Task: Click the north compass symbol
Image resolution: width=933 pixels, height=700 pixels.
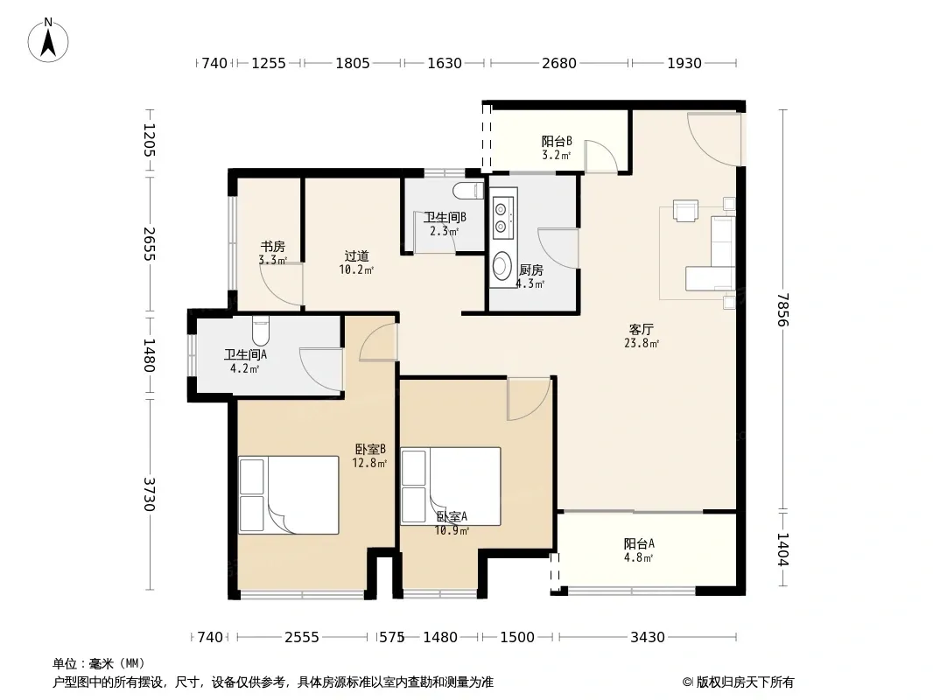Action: (48, 40)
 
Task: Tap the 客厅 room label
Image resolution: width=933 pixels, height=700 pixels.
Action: (642, 329)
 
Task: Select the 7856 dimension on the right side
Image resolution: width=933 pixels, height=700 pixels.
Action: (782, 309)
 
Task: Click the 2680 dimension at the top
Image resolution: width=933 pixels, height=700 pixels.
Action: (558, 63)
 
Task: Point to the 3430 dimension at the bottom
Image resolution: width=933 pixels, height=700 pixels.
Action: (648, 637)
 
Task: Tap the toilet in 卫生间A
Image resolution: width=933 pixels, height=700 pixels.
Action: (261, 331)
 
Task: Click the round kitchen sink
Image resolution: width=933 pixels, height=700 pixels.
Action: (502, 266)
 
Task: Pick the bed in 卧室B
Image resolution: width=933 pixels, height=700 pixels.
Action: (289, 495)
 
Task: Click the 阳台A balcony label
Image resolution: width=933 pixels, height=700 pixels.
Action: (639, 543)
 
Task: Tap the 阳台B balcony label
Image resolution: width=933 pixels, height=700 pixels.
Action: (557, 142)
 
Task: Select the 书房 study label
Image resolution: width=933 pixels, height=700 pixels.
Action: (272, 246)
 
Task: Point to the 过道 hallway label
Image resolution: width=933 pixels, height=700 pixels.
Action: (356, 256)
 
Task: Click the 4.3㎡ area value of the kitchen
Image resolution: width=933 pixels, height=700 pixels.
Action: (530, 283)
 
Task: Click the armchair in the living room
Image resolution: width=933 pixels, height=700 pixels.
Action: (685, 211)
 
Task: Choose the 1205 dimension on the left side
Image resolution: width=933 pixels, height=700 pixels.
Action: (149, 140)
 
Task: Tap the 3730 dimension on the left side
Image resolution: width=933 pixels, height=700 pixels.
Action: (149, 494)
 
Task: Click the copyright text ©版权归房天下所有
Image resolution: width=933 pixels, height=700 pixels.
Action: (738, 682)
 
